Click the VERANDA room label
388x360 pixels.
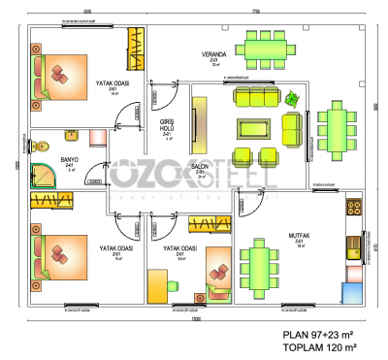(x=214, y=54)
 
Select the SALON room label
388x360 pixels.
(x=201, y=167)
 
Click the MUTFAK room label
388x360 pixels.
(x=299, y=235)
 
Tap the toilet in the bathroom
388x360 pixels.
(x=41, y=147)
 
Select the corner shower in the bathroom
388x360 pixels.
(x=44, y=173)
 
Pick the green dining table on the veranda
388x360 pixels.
(x=266, y=48)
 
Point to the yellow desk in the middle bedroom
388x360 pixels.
(x=156, y=287)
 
